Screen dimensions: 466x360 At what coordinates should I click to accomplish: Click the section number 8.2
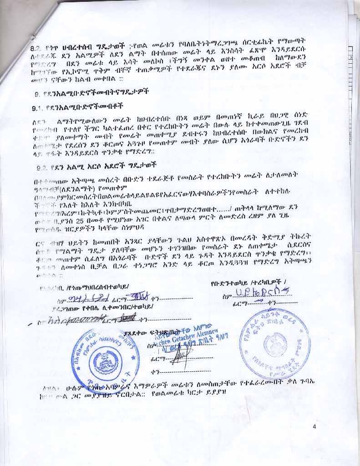(x=36, y=47)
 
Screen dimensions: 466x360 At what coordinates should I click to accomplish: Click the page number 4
(x=314, y=426)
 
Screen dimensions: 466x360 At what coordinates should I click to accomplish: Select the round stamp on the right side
(x=274, y=343)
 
